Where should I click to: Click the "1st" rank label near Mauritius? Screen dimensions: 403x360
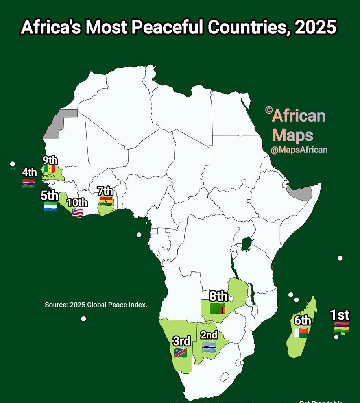pyautogui.click(x=340, y=315)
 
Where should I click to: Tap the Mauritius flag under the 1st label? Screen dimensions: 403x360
pyautogui.click(x=342, y=327)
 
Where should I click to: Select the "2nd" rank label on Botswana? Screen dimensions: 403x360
pyautogui.click(x=209, y=335)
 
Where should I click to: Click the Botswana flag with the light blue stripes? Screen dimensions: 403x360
pyautogui.click(x=209, y=347)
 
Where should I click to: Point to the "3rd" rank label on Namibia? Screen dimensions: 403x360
pyautogui.click(x=182, y=340)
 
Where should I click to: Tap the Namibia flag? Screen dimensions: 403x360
pyautogui.click(x=181, y=352)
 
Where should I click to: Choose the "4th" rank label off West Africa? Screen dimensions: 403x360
pyautogui.click(x=30, y=172)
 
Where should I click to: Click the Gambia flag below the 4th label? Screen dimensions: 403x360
pyautogui.click(x=28, y=183)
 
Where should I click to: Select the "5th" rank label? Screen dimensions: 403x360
pyautogui.click(x=50, y=196)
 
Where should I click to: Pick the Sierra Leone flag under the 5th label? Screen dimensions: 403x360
pyautogui.click(x=50, y=207)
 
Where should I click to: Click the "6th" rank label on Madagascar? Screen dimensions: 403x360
pyautogui.click(x=303, y=321)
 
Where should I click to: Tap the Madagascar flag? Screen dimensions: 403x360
pyautogui.click(x=301, y=333)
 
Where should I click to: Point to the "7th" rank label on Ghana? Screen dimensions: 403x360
pyautogui.click(x=105, y=191)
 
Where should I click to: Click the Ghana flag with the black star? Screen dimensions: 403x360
pyautogui.click(x=106, y=201)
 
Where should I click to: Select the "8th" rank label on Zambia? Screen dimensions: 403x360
pyautogui.click(x=218, y=296)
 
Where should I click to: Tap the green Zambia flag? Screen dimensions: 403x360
pyautogui.click(x=217, y=309)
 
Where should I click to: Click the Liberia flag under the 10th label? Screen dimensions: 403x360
pyautogui.click(x=78, y=213)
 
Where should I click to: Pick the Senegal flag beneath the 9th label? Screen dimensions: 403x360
pyautogui.click(x=50, y=168)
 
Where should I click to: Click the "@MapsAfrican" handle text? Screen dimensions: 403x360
pyautogui.click(x=299, y=150)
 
